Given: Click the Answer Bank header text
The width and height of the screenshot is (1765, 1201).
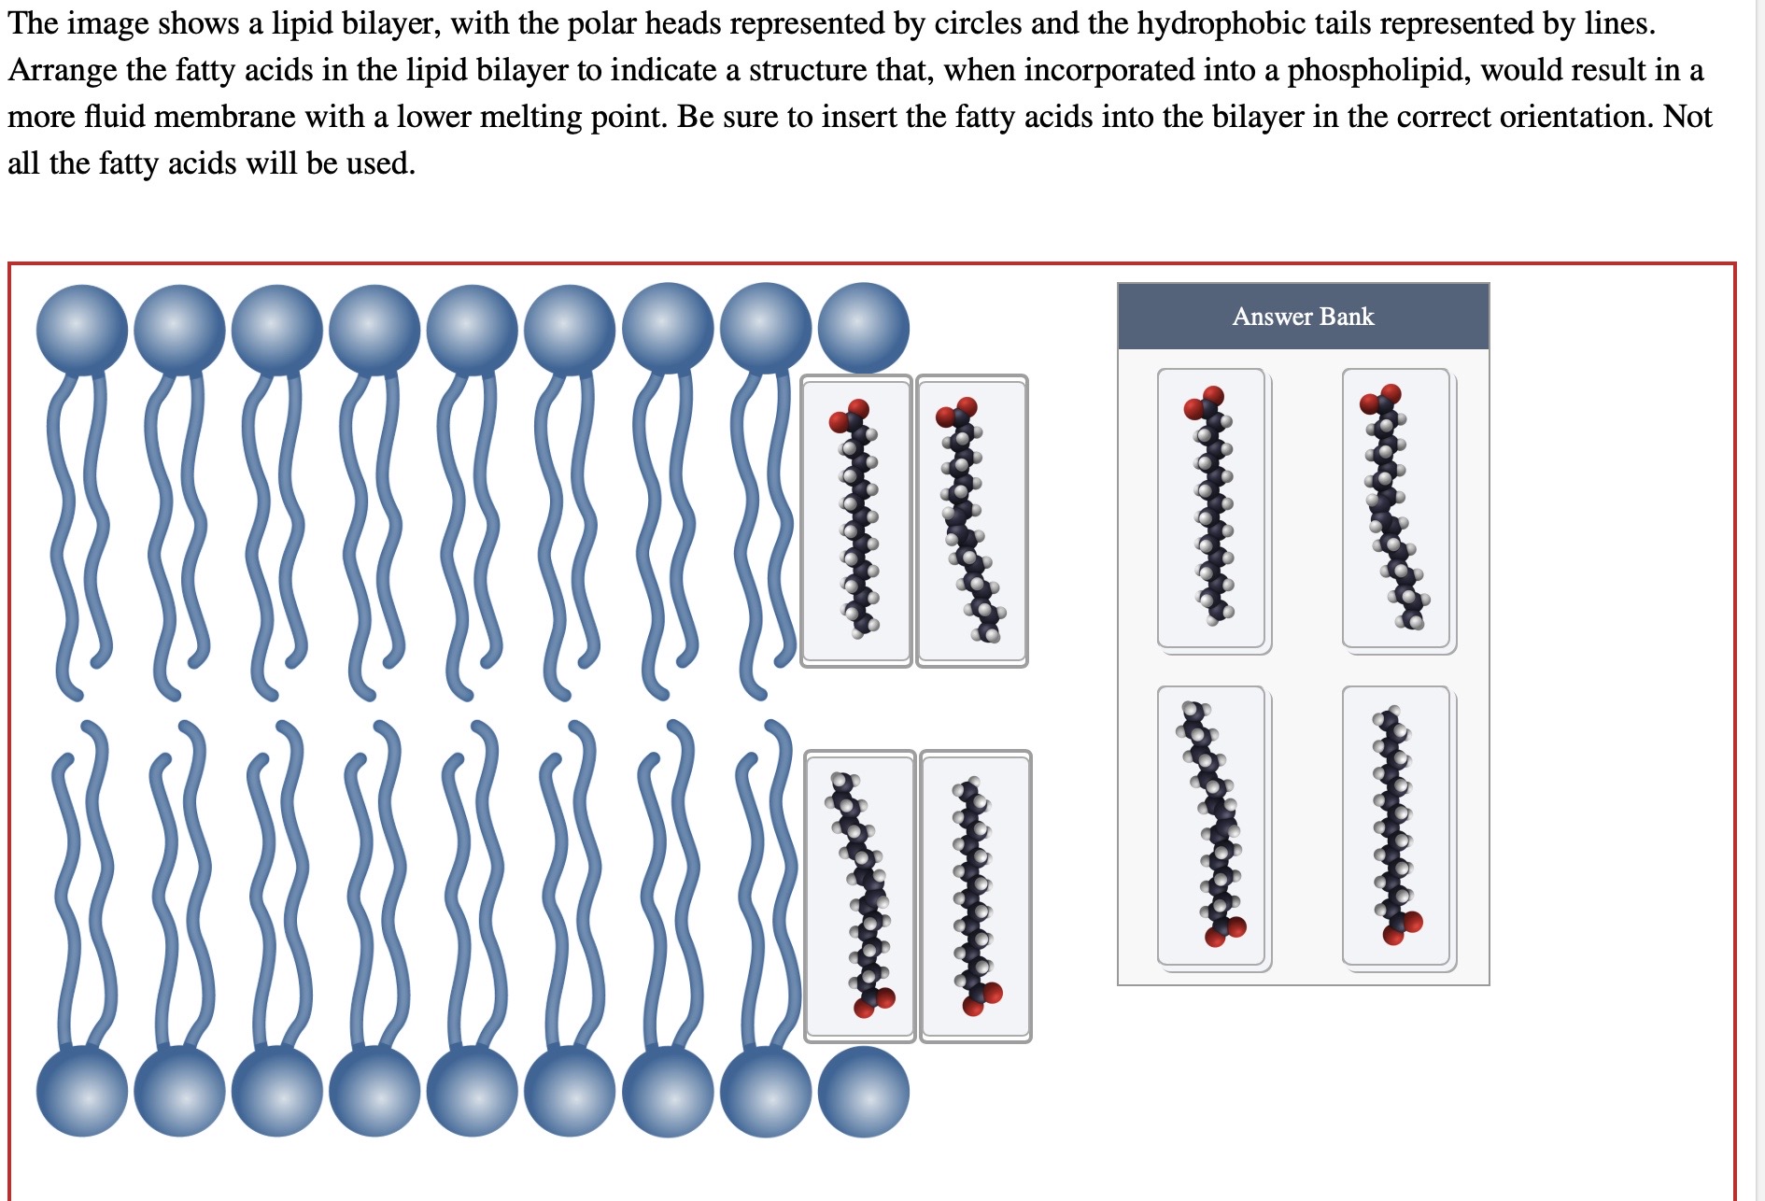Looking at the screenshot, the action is pyautogui.click(x=1303, y=317).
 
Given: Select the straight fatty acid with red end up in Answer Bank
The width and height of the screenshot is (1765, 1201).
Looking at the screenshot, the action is pyautogui.click(x=1210, y=508).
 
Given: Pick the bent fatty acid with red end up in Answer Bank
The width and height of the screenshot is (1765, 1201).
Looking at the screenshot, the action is pyautogui.click(x=1395, y=508).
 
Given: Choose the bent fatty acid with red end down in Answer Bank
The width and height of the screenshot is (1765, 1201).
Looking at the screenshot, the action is pyautogui.click(x=1210, y=826).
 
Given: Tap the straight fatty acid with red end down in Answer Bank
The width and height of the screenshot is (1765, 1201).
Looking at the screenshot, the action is pyautogui.click(x=1395, y=826).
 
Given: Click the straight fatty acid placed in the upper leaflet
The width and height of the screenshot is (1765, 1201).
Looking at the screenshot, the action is pyautogui.click(x=855, y=521).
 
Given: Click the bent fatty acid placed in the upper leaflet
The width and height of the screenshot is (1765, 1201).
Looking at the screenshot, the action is pyautogui.click(x=971, y=521).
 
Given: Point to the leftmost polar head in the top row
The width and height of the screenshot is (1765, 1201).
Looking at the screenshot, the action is pyautogui.click(x=82, y=329).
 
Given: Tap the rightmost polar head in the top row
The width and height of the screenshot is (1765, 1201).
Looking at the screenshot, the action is pyautogui.click(x=864, y=328).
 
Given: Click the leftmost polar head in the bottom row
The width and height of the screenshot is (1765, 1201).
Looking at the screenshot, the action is pyautogui.click(x=82, y=1091).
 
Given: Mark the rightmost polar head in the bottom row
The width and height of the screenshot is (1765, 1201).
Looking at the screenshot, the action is pyautogui.click(x=864, y=1091).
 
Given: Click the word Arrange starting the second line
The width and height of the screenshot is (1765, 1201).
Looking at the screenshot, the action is pyautogui.click(x=63, y=70).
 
